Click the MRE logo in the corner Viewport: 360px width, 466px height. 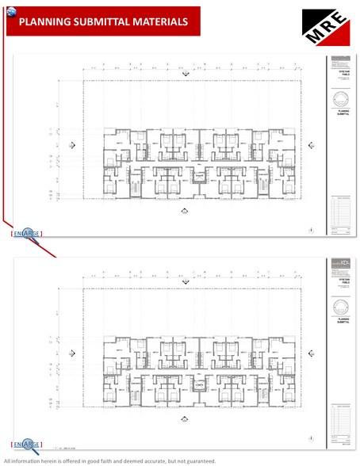point(325,29)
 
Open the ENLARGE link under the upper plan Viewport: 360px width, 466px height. point(27,233)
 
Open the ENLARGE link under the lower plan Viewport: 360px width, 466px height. point(27,445)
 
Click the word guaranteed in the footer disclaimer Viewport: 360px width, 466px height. point(196,460)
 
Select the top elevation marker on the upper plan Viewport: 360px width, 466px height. point(185,72)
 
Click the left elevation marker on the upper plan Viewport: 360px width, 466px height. point(74,145)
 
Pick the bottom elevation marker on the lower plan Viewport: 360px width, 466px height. point(185,420)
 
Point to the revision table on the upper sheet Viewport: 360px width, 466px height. point(343,212)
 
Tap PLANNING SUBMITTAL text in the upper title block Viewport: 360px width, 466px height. point(343,113)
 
